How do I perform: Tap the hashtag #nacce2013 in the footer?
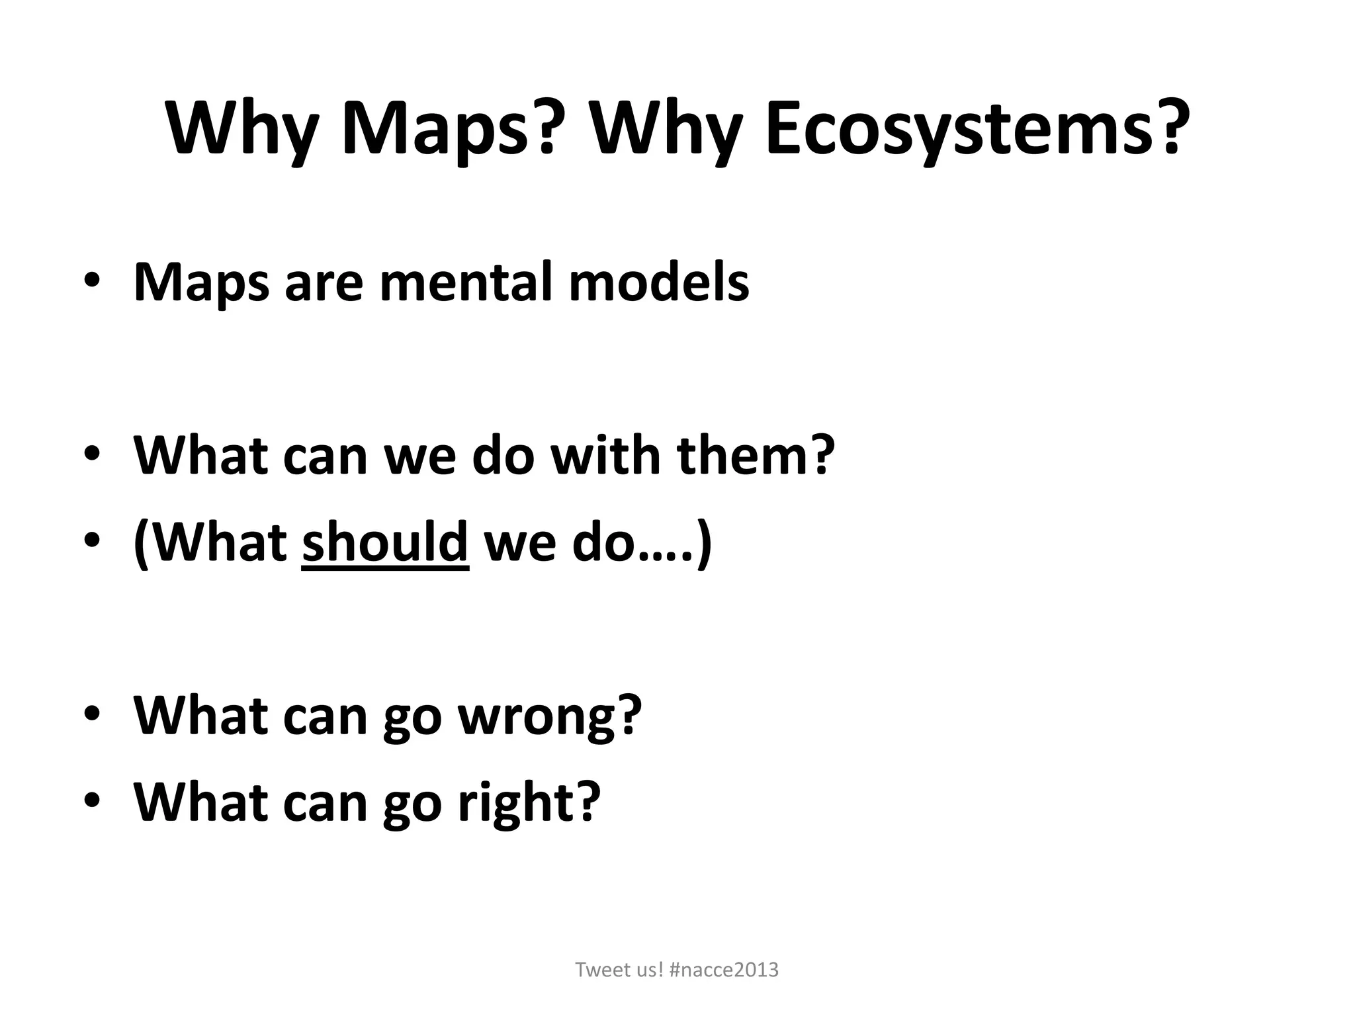click(724, 970)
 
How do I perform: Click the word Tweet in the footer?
click(599, 970)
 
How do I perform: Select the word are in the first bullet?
click(324, 282)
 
